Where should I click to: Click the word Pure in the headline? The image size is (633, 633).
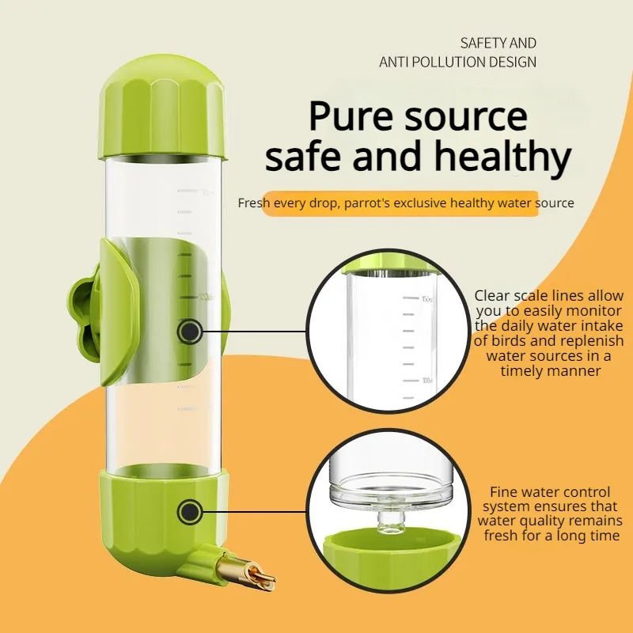pyautogui.click(x=347, y=116)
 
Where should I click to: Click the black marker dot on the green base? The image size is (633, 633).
pyautogui.click(x=188, y=512)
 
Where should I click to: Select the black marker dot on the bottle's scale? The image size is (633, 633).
pyautogui.click(x=188, y=331)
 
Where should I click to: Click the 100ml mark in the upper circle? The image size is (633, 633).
pyautogui.click(x=406, y=381)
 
